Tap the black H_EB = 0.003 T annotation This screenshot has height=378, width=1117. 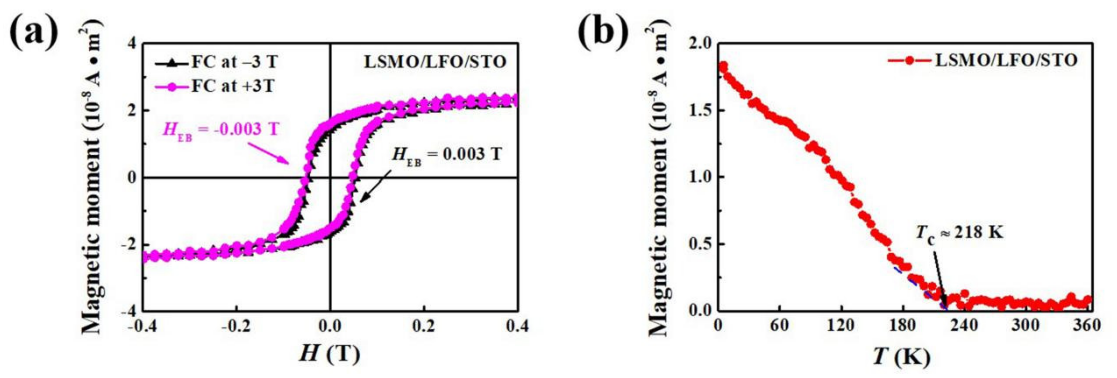coord(447,155)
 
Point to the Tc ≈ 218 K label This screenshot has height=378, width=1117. coord(960,234)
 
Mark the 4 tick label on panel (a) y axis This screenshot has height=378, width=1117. coord(131,44)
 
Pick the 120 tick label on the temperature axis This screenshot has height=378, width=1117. coord(840,325)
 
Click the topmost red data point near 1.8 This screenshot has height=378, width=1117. coord(723,66)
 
